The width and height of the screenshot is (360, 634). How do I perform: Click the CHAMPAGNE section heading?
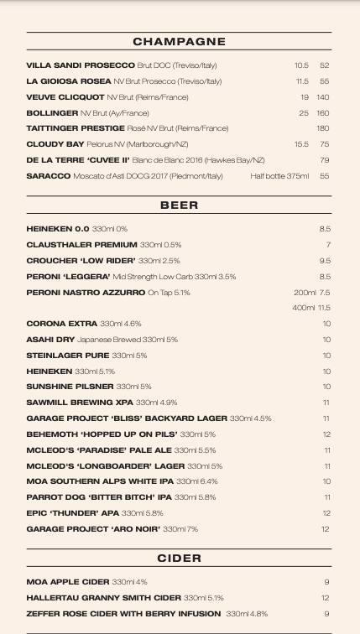click(x=179, y=41)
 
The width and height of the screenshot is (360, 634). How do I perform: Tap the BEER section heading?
click(x=179, y=205)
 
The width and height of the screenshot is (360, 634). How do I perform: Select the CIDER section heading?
click(x=179, y=558)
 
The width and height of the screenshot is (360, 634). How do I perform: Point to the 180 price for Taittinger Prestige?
click(x=323, y=128)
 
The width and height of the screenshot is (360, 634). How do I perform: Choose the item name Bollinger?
click(x=52, y=113)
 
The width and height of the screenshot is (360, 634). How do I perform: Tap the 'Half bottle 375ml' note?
click(x=279, y=176)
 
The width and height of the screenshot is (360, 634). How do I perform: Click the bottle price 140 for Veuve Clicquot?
click(x=323, y=97)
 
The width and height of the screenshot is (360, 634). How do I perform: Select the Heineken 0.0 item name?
click(x=57, y=229)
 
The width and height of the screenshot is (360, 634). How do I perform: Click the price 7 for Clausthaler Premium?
click(x=328, y=245)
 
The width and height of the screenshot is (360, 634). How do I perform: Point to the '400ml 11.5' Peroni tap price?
click(x=311, y=308)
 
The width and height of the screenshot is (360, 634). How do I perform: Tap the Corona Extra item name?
click(x=61, y=324)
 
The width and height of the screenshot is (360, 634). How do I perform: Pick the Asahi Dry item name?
click(x=50, y=340)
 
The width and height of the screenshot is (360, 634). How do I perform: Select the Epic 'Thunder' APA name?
click(x=72, y=513)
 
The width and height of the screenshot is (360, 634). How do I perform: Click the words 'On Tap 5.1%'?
click(x=169, y=293)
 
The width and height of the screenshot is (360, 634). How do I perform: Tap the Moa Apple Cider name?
click(x=68, y=582)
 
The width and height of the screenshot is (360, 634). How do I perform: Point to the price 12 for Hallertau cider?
click(x=326, y=598)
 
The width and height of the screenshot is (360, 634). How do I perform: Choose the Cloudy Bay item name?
click(x=55, y=144)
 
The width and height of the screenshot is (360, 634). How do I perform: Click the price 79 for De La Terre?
click(x=325, y=160)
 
